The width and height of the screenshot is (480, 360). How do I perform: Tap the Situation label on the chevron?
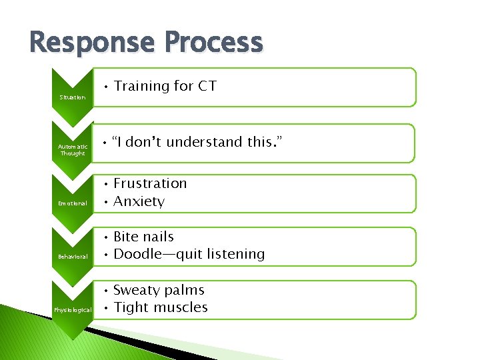coord(73,97)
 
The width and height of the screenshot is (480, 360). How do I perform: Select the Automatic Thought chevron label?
coord(73,150)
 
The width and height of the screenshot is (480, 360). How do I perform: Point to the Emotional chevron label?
coord(73,203)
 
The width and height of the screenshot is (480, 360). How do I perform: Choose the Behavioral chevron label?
coord(73,256)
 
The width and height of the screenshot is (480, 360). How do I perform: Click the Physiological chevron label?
coord(73,309)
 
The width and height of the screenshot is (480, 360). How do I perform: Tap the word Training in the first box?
coord(141,86)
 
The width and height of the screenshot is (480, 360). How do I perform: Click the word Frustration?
coord(150,183)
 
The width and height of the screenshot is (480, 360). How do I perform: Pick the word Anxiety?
coord(139,201)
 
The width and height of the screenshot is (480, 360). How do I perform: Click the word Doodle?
coord(136,254)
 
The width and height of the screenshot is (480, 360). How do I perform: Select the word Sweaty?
coord(137,290)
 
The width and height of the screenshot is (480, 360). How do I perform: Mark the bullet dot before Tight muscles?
coord(105,308)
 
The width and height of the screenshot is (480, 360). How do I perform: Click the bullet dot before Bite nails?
coord(105,237)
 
